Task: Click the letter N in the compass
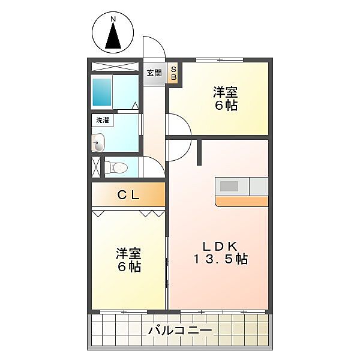[x=113, y=19]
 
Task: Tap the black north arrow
[x=113, y=37]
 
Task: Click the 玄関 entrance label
[x=154, y=73]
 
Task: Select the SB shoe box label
[x=174, y=73]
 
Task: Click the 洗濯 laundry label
[x=103, y=120]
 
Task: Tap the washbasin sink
[x=98, y=143]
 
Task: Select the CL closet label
[x=128, y=194]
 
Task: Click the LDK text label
[x=220, y=245]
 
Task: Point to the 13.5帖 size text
[x=220, y=259]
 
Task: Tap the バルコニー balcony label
[x=179, y=331]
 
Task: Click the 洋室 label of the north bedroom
[x=225, y=93]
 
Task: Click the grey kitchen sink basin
[x=230, y=186]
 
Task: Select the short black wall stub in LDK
[x=199, y=152]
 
